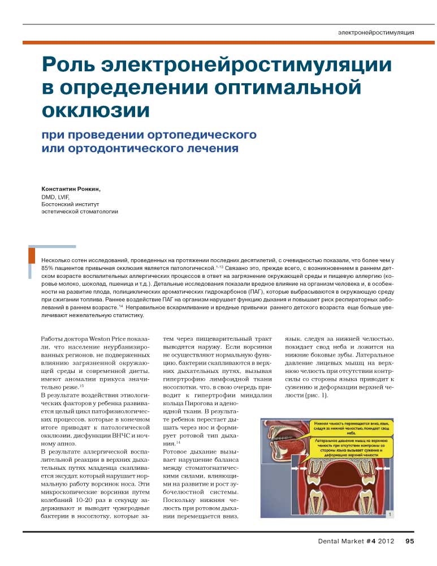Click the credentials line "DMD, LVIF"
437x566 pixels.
pyautogui.click(x=55, y=196)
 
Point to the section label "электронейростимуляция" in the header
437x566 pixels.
pyautogui.click(x=375, y=32)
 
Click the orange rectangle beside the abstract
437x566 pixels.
pyautogui.click(x=32, y=255)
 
